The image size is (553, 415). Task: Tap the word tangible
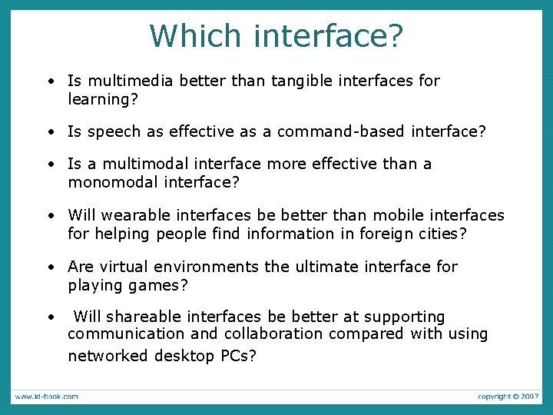click(303, 81)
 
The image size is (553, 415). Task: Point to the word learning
click(97, 99)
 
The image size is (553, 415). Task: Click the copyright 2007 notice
click(508, 397)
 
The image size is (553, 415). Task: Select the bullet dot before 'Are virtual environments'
click(49, 267)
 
